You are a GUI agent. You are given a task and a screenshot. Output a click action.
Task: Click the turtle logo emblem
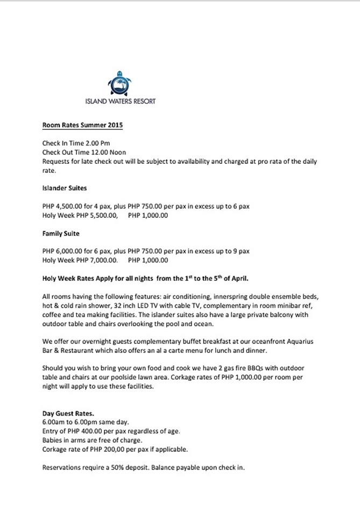coord(120,84)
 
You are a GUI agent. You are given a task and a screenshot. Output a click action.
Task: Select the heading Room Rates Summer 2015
coord(82,125)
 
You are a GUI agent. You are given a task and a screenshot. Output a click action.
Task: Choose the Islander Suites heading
coord(65,188)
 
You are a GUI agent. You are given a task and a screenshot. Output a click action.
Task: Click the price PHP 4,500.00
coord(62,206)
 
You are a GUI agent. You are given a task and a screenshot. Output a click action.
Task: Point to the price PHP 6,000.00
coord(62,251)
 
